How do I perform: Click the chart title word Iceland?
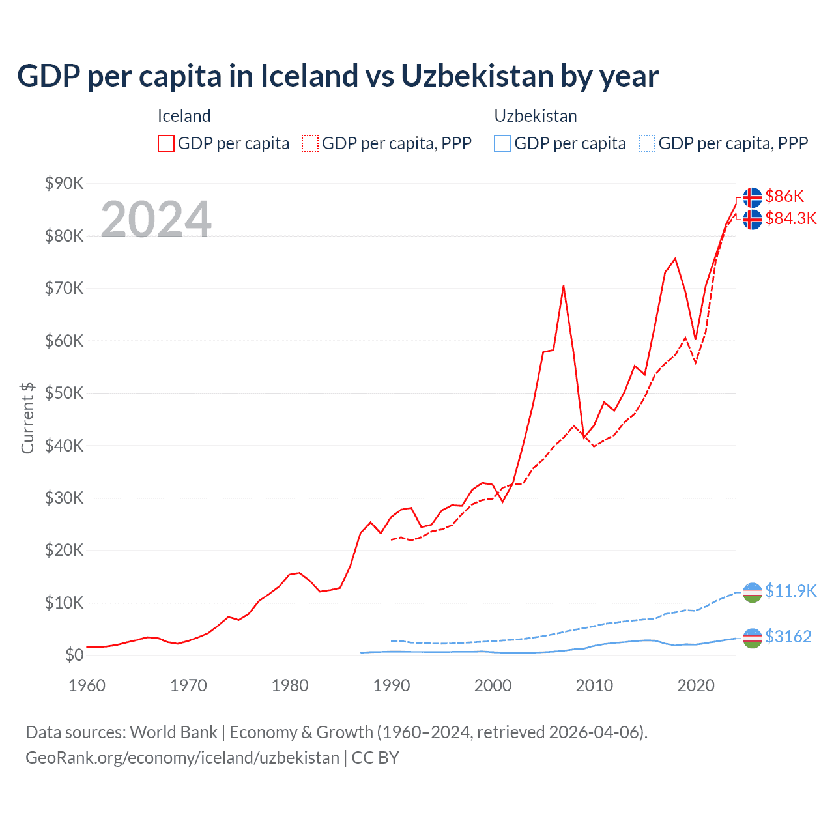coord(309,76)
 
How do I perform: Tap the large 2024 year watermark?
coord(156,219)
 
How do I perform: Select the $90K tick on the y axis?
coord(64,183)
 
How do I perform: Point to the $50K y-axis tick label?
coord(64,393)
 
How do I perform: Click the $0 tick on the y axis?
coord(74,655)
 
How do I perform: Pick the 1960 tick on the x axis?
coord(87,685)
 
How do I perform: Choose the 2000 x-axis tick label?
coord(493,685)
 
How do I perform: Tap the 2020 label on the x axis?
coord(696,685)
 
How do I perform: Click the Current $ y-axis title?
coord(27,418)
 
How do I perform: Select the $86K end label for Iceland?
coord(784,196)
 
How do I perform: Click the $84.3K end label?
coord(790,218)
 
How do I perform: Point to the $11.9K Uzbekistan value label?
coord(790,591)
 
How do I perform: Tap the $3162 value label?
coord(788,637)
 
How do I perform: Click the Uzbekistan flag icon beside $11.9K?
coord(753,592)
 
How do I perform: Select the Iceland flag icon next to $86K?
coord(753,197)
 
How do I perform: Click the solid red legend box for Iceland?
coord(166,143)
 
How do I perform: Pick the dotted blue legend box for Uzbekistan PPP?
coord(647,143)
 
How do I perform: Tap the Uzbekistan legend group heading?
coord(536,116)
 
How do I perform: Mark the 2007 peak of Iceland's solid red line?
coord(563,286)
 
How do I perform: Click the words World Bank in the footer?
coord(173,732)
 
